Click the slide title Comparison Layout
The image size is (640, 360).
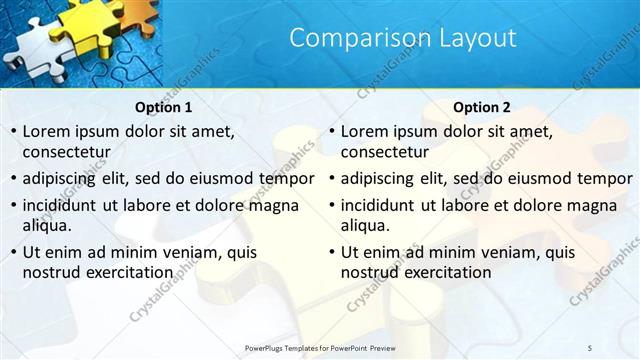coord(403,38)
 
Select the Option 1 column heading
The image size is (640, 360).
coord(163,107)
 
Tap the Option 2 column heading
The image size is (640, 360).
coord(481,107)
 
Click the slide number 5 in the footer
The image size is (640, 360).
coord(589,347)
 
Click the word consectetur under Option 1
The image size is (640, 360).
coord(66,152)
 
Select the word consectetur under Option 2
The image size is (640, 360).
coord(384,152)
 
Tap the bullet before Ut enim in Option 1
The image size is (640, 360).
coord(13,252)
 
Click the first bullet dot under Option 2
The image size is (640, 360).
coord(331,132)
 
